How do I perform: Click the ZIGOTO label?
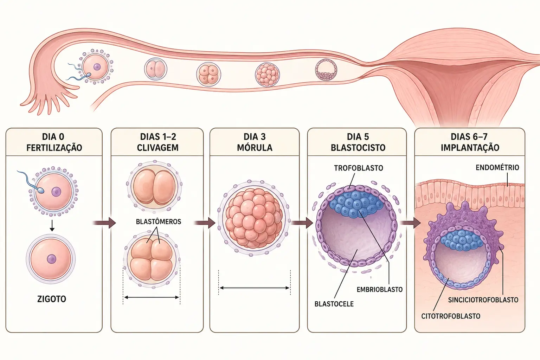52,299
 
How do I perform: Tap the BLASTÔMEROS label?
159,221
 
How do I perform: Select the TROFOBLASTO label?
359,168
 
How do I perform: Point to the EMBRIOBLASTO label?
380,289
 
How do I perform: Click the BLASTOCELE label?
334,304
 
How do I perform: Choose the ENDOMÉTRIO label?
497,168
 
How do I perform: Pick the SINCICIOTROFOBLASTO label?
483,300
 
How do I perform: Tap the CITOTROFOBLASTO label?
451,316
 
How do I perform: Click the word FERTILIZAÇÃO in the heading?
54,148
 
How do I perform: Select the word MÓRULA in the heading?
255,148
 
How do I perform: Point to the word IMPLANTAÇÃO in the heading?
470,148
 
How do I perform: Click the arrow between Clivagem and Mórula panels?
205,223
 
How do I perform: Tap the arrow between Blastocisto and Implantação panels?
411,223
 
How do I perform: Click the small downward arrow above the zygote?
52,225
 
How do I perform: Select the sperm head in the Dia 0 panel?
40,191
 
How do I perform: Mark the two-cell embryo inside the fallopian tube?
155,69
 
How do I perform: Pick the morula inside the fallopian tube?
267,75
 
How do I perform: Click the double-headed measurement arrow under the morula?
255,288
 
